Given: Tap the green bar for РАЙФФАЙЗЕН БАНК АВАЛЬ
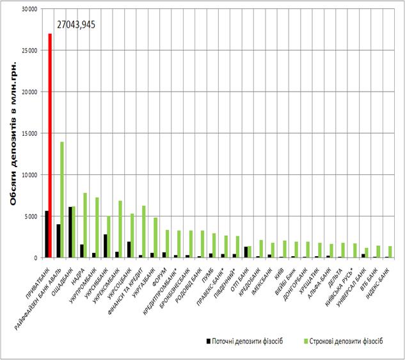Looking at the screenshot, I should click(62, 199).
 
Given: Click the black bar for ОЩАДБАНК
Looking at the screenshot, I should click(70, 232).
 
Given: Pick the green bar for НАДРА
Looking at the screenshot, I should click(85, 225).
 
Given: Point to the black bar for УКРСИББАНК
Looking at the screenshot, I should click(104, 246).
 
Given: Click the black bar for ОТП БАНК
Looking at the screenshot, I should click(246, 252).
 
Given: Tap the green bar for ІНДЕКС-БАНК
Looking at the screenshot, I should click(390, 252).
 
